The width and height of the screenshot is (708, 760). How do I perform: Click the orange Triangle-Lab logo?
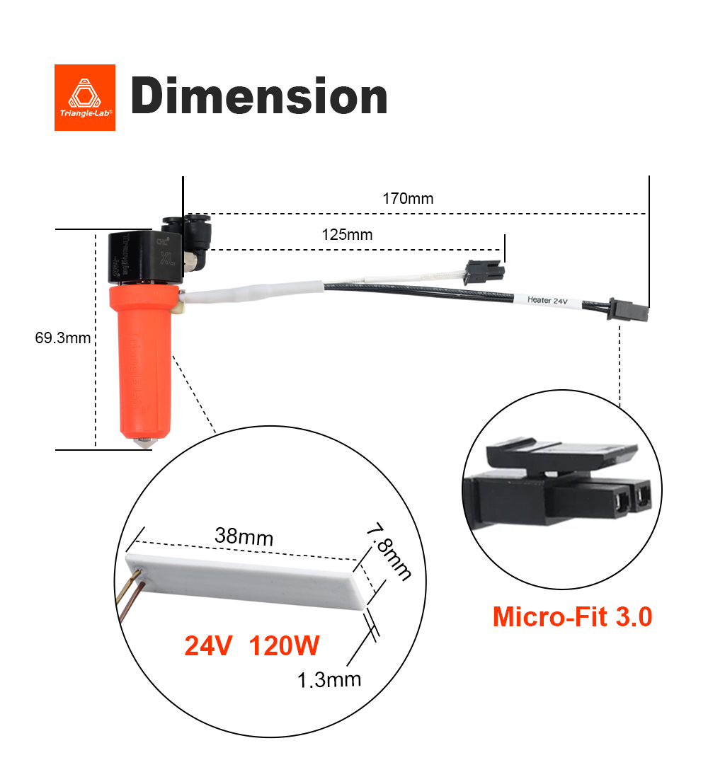(84, 98)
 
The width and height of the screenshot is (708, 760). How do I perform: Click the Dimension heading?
(259, 98)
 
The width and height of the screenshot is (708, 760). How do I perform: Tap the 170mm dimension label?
(408, 199)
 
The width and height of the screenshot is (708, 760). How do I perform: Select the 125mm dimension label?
(347, 235)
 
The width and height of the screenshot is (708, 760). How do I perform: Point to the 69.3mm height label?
(63, 338)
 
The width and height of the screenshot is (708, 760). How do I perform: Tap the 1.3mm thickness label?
(329, 680)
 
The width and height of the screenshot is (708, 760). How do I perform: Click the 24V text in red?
(209, 645)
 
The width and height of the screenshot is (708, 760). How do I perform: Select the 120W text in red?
(285, 645)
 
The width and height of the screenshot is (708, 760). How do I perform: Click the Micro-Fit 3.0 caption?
(572, 616)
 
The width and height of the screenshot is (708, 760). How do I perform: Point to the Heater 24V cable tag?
(547, 300)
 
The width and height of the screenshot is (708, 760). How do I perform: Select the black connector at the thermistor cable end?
(484, 272)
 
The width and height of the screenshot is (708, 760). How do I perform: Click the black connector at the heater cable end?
(627, 311)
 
